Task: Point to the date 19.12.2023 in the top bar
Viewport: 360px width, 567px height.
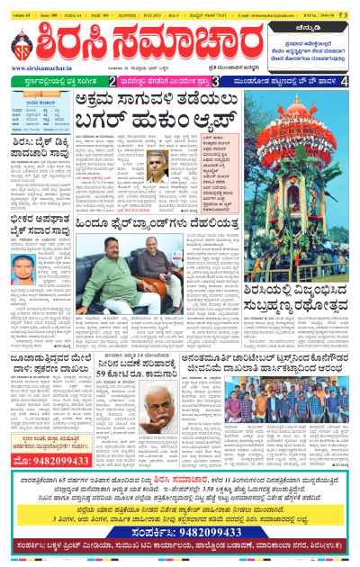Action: tap(157, 6)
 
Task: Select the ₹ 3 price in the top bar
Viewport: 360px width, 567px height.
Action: tap(351, 6)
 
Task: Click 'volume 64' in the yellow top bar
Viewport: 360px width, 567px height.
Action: tap(21, 6)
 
